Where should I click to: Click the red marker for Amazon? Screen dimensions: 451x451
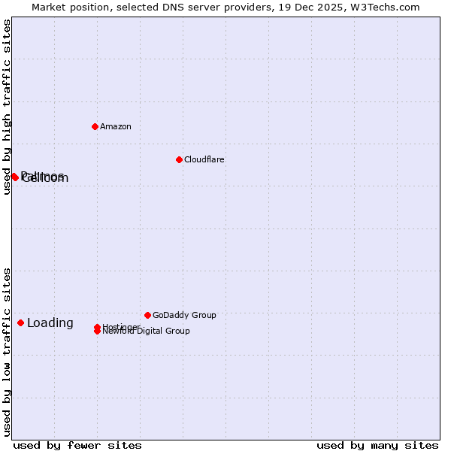(x=95, y=126)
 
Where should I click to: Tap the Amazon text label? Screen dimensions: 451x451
(x=116, y=126)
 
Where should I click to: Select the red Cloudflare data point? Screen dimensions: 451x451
(x=179, y=159)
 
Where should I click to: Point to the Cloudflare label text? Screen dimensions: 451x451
(x=204, y=159)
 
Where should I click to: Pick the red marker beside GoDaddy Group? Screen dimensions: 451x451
(x=147, y=315)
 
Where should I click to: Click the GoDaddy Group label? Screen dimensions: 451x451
(x=184, y=315)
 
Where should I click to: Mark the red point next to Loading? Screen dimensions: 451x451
(x=20, y=322)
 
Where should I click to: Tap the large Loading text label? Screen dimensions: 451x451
(x=50, y=323)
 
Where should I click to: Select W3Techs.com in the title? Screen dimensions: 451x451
(x=383, y=7)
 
